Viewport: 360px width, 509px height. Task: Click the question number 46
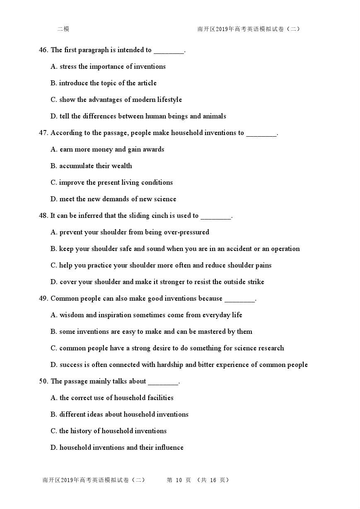[43, 50]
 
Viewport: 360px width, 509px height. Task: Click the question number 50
[43, 381]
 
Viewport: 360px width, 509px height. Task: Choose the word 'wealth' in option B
[122, 166]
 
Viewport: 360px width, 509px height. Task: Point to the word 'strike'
[255, 282]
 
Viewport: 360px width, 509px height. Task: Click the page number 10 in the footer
[179, 480]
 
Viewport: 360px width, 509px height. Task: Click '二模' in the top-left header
[63, 29]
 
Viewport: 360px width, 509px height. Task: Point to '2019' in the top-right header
[222, 29]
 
